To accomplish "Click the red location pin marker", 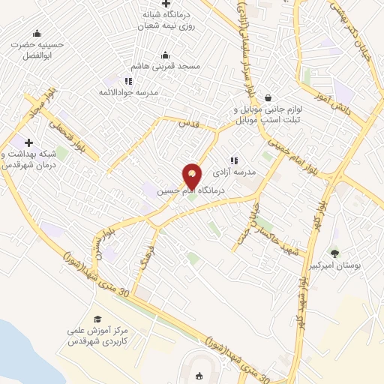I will (x=192, y=176).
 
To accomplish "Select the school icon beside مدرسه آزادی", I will (x=234, y=160).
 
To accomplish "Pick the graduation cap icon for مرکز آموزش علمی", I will (x=97, y=319).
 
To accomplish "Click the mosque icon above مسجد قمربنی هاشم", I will (x=166, y=55).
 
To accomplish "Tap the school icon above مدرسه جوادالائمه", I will (x=128, y=81).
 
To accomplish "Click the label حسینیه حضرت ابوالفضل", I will (x=37, y=49).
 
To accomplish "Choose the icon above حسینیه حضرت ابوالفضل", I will (x=37, y=33).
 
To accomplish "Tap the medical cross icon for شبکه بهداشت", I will (x=29, y=142).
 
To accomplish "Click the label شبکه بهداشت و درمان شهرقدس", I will (x=30, y=159).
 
